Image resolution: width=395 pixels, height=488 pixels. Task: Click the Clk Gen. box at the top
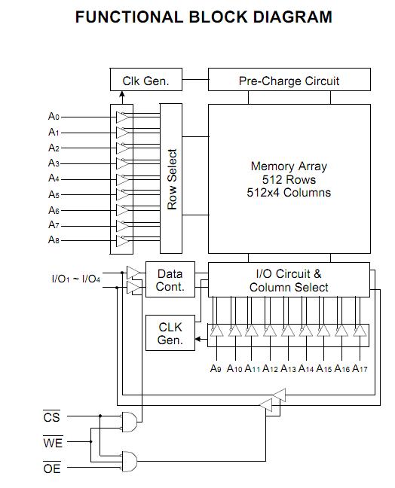pyautogui.click(x=145, y=81)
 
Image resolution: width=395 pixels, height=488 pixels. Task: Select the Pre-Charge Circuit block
pyautogui.click(x=289, y=81)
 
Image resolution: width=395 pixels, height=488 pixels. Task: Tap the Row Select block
pyautogui.click(x=172, y=178)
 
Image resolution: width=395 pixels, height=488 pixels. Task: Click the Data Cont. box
pyautogui.click(x=170, y=280)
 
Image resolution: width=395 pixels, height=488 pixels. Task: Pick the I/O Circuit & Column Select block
pyautogui.click(x=289, y=280)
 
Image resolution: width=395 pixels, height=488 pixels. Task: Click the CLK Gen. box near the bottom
pyautogui.click(x=170, y=334)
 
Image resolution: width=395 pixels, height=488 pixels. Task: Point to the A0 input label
pyautogui.click(x=54, y=117)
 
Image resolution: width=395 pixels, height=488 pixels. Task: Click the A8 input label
pyautogui.click(x=54, y=240)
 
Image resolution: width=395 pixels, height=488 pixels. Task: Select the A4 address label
pyautogui.click(x=54, y=178)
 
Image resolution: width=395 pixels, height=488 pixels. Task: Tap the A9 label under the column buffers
pyautogui.click(x=216, y=368)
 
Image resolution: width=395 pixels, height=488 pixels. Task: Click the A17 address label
pyautogui.click(x=360, y=368)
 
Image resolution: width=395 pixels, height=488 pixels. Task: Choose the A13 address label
pyautogui.click(x=288, y=368)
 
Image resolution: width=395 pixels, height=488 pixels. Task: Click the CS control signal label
pyautogui.click(x=51, y=417)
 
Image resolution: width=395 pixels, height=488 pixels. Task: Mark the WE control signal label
pyautogui.click(x=52, y=443)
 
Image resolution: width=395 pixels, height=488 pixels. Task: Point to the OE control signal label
pyautogui.click(x=52, y=468)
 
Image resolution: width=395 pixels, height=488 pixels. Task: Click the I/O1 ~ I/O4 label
pyautogui.click(x=75, y=279)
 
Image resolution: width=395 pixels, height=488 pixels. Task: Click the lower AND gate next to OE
pyautogui.click(x=130, y=459)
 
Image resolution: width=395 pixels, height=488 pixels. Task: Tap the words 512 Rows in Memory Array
pyautogui.click(x=289, y=180)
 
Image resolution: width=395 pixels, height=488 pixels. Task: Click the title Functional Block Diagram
pyautogui.click(x=204, y=17)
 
